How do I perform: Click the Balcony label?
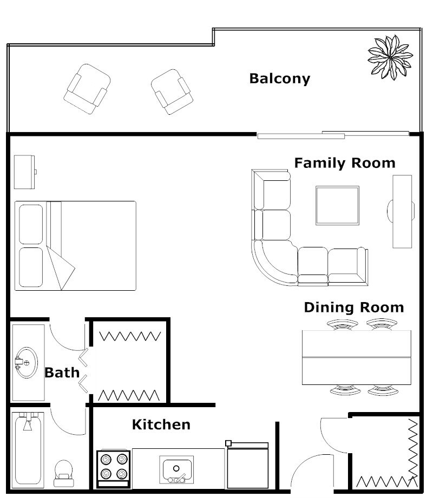(x=279, y=79)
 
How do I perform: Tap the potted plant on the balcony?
(x=390, y=57)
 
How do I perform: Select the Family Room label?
(x=344, y=163)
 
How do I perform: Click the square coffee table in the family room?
(x=337, y=205)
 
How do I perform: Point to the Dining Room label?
(x=353, y=308)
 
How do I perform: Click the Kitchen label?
(x=161, y=424)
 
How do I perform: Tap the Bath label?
(x=62, y=373)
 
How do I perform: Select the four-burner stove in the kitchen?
(x=113, y=467)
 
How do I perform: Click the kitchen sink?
(x=176, y=469)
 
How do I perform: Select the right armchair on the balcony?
(x=172, y=92)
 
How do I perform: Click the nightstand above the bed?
(x=24, y=172)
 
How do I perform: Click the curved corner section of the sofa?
(x=274, y=263)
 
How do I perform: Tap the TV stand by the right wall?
(x=402, y=211)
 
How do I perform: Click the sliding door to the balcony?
(x=333, y=134)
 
